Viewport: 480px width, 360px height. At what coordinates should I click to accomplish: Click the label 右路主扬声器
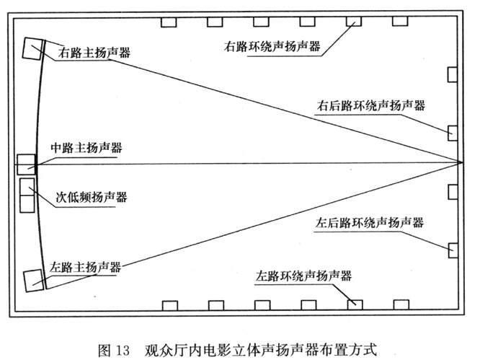[x=94, y=53]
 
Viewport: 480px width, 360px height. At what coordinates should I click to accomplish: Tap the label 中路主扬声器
[x=86, y=148]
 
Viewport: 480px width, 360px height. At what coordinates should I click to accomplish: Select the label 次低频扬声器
[x=92, y=197]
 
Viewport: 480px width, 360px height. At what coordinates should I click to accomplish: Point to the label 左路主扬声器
[x=86, y=267]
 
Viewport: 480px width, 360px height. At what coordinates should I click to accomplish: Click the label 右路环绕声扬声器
[x=272, y=46]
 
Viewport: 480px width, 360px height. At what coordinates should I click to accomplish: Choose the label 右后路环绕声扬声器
[x=371, y=105]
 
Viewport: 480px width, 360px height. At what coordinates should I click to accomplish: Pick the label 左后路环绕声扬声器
[x=370, y=222]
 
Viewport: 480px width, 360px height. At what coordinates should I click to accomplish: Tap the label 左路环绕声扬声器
[x=303, y=276]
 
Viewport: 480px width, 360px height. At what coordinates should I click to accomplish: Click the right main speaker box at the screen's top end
[x=32, y=48]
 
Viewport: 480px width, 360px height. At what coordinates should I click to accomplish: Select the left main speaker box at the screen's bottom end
[x=34, y=281]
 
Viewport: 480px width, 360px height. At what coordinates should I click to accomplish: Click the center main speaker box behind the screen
[x=27, y=164]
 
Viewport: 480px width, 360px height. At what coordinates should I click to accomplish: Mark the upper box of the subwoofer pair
[x=27, y=187]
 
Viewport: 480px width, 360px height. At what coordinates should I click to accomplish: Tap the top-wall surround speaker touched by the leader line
[x=354, y=22]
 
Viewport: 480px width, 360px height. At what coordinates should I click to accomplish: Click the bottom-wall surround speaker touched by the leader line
[x=355, y=305]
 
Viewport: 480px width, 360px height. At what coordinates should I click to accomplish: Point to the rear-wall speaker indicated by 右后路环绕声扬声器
[x=453, y=133]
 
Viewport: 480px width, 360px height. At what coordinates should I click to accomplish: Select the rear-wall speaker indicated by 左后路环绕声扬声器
[x=453, y=250]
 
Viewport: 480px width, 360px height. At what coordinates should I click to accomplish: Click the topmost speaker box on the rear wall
[x=453, y=74]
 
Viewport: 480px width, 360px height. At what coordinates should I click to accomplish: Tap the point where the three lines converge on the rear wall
[x=462, y=162]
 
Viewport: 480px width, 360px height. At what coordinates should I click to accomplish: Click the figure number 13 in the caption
[x=123, y=351]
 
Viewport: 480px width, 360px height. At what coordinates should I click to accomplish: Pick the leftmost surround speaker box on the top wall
[x=169, y=22]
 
